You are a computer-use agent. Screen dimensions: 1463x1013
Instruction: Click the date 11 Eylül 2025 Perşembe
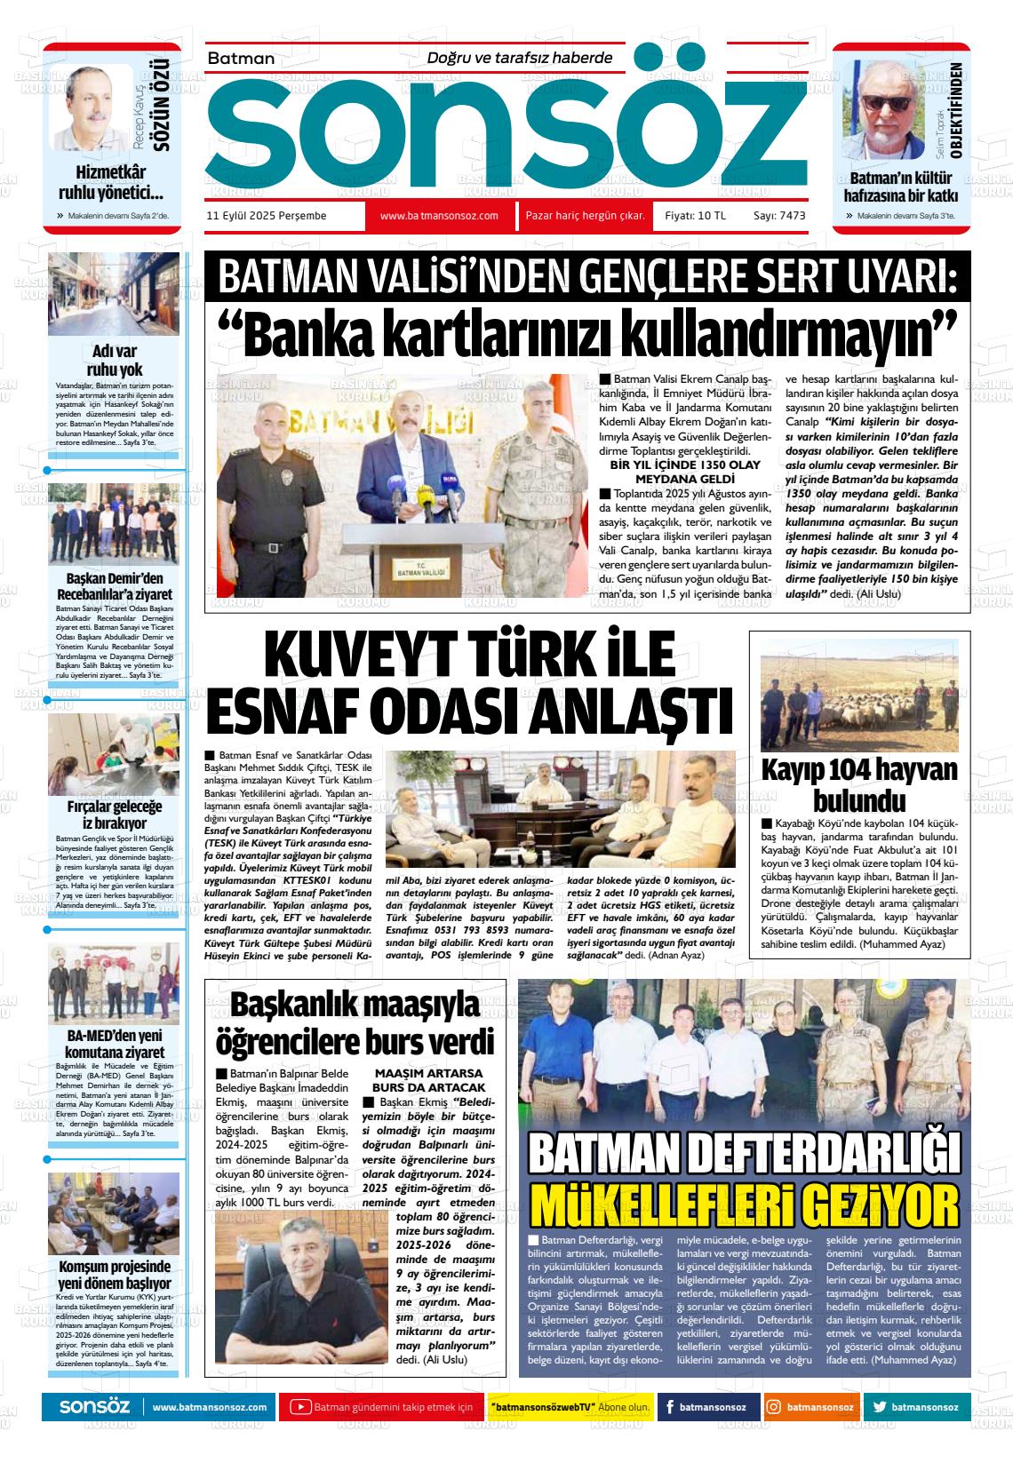click(266, 216)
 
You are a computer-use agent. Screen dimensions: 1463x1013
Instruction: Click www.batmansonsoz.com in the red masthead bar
click(438, 216)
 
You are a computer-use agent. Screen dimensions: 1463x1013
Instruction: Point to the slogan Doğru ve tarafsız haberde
click(520, 58)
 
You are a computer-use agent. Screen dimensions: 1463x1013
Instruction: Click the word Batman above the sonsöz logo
click(241, 59)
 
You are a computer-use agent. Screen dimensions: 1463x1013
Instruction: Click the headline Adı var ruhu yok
click(113, 360)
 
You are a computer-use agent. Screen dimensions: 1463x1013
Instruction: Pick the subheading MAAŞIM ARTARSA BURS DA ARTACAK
click(429, 1080)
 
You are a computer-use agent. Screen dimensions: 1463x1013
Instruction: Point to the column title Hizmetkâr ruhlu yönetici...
click(111, 182)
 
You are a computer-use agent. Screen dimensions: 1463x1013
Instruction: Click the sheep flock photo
click(859, 695)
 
